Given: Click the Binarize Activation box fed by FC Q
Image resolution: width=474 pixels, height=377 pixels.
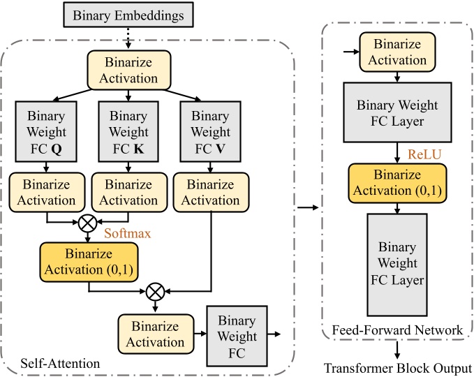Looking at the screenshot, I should (x=47, y=192).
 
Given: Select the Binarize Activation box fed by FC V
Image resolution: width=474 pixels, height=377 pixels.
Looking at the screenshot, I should (x=210, y=192).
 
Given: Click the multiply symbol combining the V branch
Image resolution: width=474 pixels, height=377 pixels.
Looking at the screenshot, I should (x=156, y=287).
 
